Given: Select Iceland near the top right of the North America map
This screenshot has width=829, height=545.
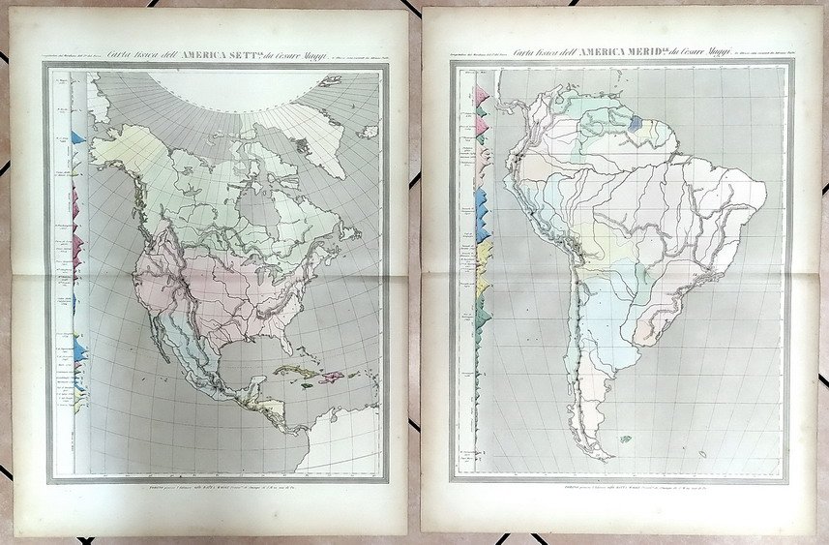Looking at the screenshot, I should [x=367, y=131].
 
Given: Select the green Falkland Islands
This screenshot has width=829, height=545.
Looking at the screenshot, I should [x=625, y=439].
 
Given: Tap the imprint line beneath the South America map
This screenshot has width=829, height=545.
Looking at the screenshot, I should [x=620, y=487].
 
